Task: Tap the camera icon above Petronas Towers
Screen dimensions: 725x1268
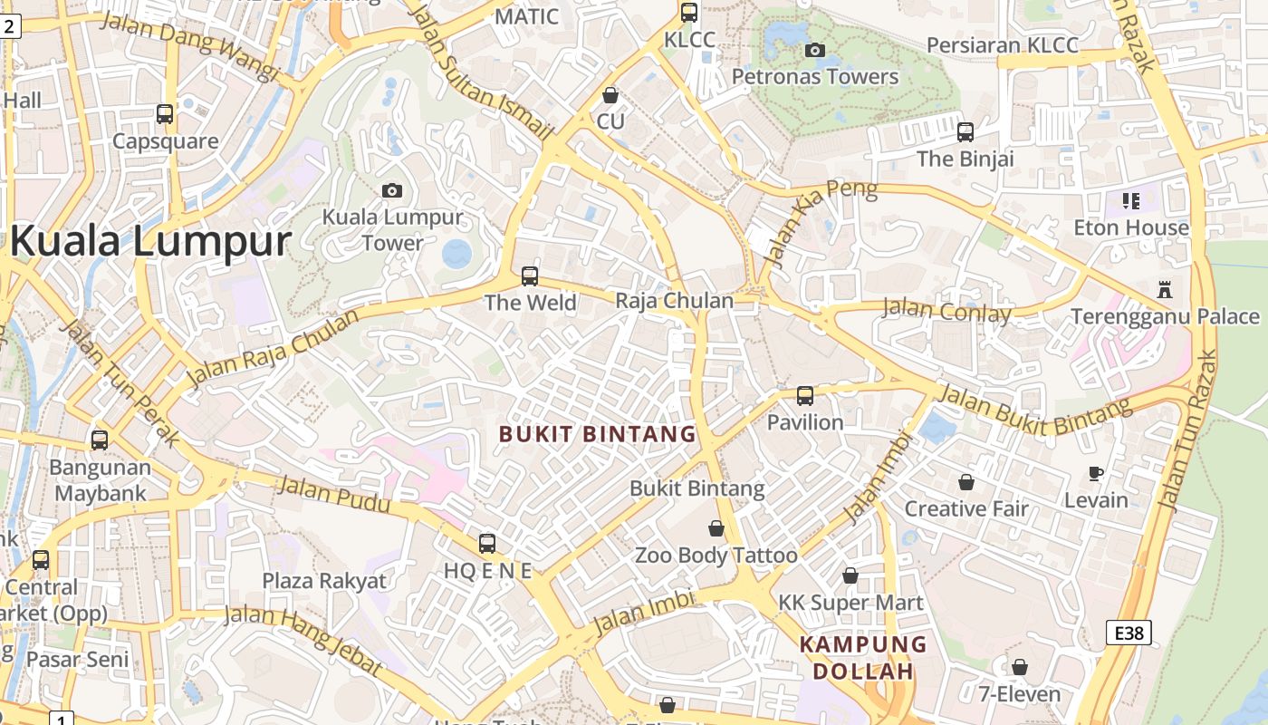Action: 815,50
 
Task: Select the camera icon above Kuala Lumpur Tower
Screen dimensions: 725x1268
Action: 391,190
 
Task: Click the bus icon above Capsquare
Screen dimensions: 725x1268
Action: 165,114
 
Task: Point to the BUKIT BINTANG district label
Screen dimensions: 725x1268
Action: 598,434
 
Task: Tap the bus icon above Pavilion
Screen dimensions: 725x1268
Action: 805,395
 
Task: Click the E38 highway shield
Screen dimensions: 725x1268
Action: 1129,633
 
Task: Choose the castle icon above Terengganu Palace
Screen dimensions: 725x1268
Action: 1165,290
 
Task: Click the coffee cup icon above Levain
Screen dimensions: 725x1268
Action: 1096,473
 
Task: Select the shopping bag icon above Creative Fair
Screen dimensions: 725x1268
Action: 966,482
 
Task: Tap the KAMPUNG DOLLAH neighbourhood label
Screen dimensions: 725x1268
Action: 863,658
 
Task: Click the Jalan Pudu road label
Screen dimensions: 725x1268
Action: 334,495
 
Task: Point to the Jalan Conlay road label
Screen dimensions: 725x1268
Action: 946,311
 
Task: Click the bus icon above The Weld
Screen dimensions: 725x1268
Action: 530,275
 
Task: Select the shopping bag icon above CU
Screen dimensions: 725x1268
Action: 610,95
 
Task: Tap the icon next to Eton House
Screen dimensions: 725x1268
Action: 1130,200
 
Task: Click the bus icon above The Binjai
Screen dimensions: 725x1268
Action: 965,132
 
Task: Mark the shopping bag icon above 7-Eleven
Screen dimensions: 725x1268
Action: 1020,667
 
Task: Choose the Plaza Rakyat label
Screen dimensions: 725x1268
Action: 324,581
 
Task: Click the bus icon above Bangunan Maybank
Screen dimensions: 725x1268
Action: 100,440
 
